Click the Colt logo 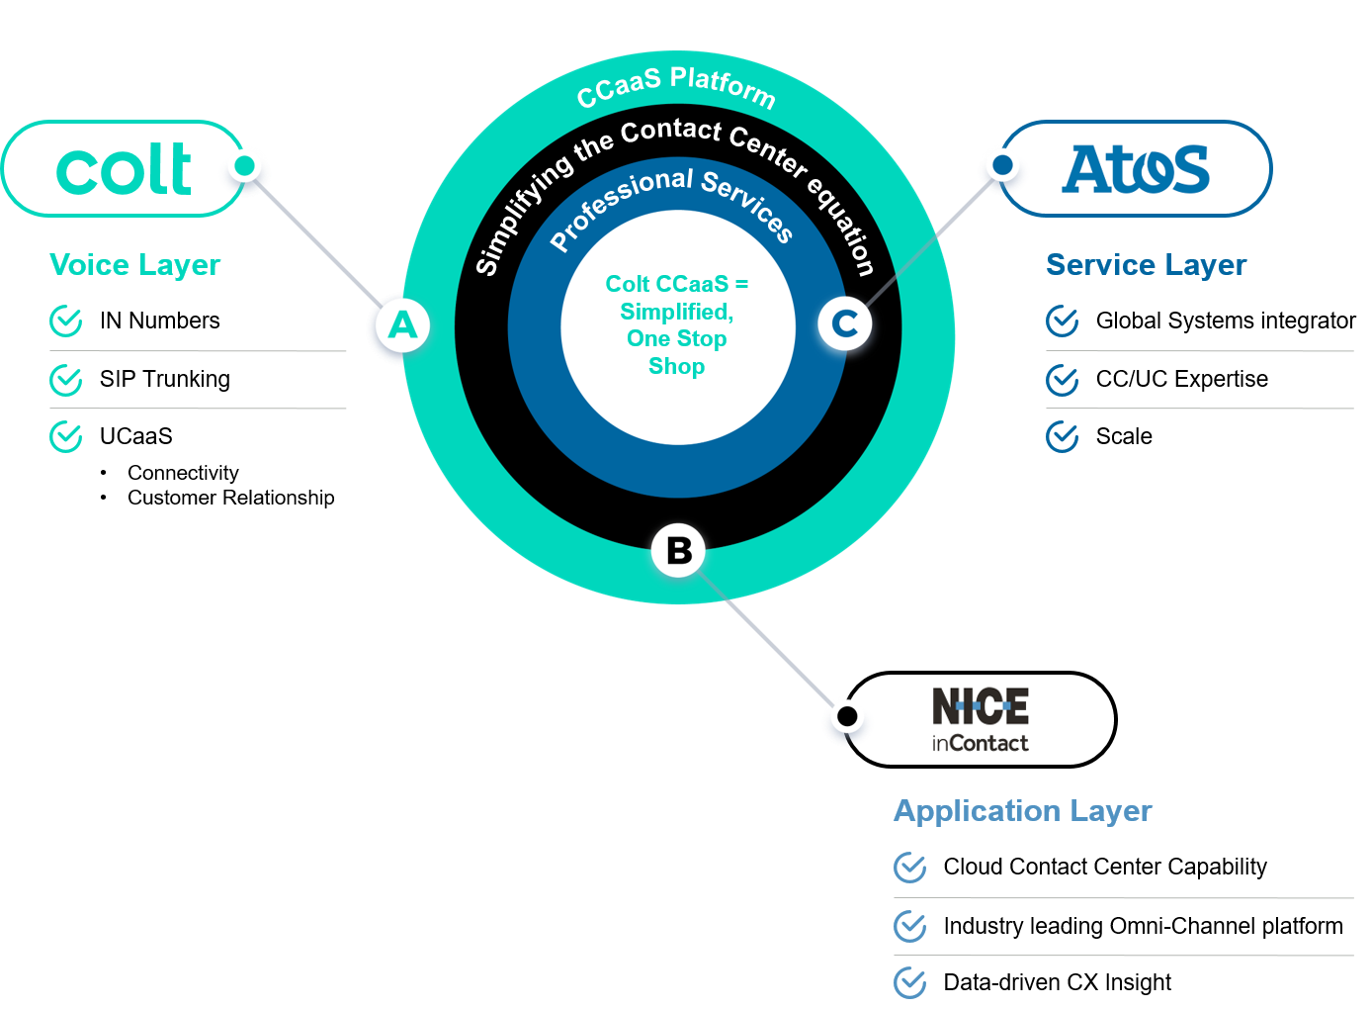[x=125, y=169]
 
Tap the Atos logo [x=1137, y=169]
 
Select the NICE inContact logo [x=981, y=719]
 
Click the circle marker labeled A [x=402, y=324]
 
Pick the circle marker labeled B [x=679, y=551]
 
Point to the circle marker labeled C [x=845, y=323]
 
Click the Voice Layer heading [x=135, y=265]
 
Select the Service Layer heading [x=1146, y=265]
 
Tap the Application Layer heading [x=1023, y=811]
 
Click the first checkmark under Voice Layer [x=66, y=321]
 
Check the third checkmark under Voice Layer [x=66, y=436]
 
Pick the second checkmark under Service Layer [x=1063, y=380]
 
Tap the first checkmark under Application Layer [x=910, y=868]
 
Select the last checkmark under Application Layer [x=910, y=983]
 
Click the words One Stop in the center [x=677, y=338]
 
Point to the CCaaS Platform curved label [x=676, y=86]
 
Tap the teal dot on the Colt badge [x=245, y=165]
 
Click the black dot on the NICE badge [x=847, y=715]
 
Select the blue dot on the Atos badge [x=1002, y=165]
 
